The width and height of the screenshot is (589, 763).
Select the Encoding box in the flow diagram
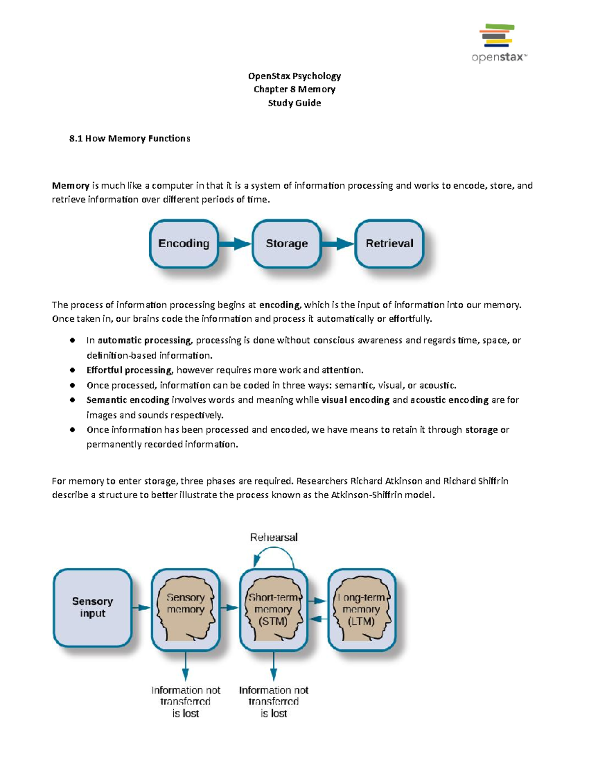pos(184,244)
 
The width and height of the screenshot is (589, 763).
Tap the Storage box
pos(287,244)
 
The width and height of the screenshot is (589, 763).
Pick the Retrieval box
pos(389,244)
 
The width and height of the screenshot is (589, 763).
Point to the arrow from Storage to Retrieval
pos(338,244)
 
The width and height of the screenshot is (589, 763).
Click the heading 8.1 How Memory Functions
pos(130,139)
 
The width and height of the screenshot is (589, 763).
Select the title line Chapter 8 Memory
pos(294,89)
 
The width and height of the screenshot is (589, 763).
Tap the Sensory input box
pos(93,608)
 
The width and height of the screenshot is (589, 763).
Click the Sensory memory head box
pos(186,609)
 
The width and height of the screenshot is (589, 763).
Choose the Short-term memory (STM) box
pos(273,609)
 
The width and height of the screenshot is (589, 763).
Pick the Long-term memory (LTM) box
pos(362,609)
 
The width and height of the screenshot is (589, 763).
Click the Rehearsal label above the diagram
pos(274,537)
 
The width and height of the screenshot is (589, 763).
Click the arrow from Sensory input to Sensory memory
pos(141,608)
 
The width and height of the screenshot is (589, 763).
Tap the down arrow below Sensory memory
pos(186,667)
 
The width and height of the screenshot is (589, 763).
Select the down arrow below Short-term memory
pos(274,667)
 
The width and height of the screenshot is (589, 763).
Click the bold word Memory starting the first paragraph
pos(71,186)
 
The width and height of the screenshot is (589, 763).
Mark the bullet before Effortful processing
pos(73,370)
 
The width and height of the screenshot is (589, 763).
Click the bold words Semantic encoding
pos(128,400)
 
